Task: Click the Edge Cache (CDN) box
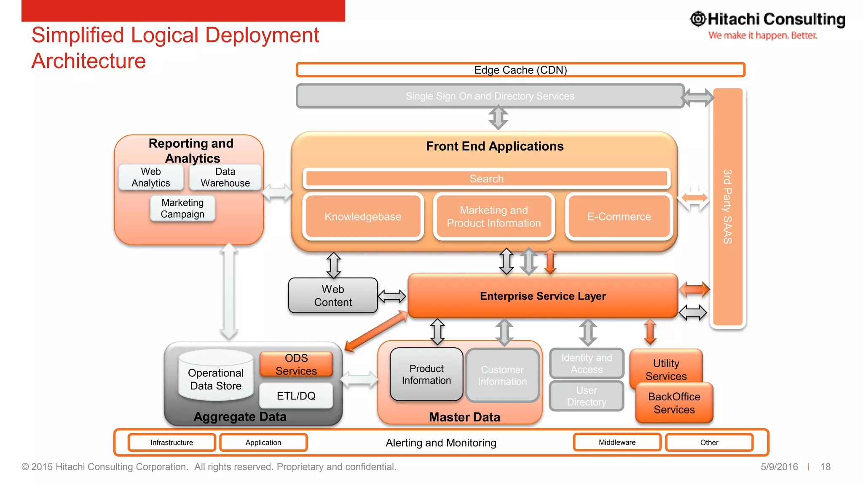(520, 70)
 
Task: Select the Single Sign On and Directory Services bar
(490, 96)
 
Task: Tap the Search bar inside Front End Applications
(486, 179)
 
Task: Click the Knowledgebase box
(363, 216)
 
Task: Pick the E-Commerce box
(619, 216)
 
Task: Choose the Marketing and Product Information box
(493, 216)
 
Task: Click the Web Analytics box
(151, 177)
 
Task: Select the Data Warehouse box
(225, 177)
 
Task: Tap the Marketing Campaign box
(182, 208)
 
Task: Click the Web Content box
(333, 296)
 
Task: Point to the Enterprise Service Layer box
(543, 296)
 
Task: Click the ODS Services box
(296, 364)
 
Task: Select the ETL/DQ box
(296, 396)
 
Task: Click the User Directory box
(586, 396)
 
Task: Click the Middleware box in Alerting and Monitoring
(617, 442)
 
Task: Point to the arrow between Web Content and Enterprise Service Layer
(392, 296)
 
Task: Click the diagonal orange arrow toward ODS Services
(376, 331)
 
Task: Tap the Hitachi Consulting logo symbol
(698, 19)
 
